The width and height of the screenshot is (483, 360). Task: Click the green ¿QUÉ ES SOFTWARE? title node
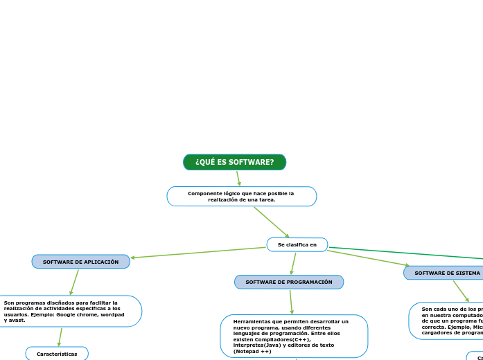[x=234, y=162]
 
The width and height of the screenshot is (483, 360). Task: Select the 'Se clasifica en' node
[x=297, y=244]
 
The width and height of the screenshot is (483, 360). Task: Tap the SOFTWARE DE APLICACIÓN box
[x=80, y=262]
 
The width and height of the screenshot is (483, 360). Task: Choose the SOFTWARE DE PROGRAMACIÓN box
[x=289, y=282]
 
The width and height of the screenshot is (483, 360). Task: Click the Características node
[x=57, y=354]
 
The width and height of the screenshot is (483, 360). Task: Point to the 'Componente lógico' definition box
[x=241, y=196]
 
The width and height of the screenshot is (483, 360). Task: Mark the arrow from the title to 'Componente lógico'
[x=238, y=178]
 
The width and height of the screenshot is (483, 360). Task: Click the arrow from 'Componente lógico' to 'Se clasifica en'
[x=272, y=222]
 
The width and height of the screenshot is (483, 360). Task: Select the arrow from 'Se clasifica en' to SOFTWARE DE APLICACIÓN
[x=198, y=253]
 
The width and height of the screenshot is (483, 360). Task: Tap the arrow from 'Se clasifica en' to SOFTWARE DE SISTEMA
[x=367, y=258]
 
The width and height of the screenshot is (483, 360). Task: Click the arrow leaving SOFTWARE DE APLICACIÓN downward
[x=74, y=282]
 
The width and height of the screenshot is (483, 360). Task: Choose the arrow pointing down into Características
[x=60, y=337]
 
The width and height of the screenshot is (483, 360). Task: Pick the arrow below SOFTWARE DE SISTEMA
[x=461, y=291]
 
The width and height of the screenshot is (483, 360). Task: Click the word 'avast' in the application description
[x=14, y=320]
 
